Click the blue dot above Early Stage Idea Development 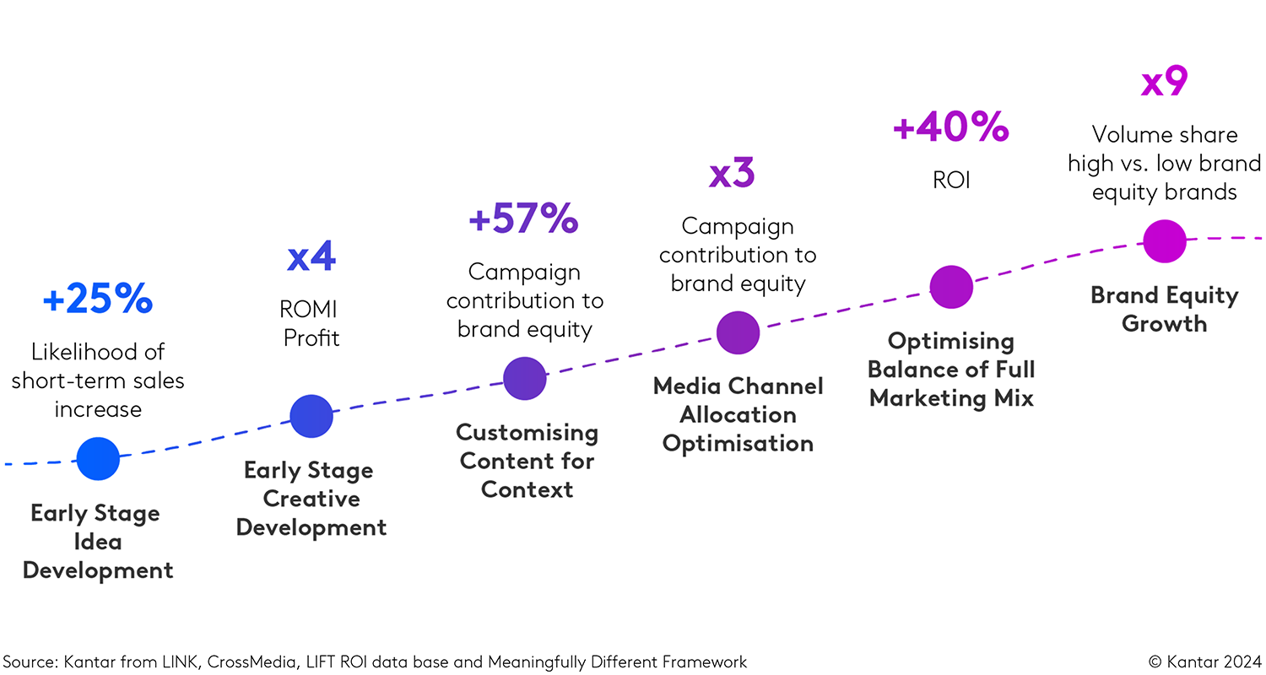98,459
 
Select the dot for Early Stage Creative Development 311,416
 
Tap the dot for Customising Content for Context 525,378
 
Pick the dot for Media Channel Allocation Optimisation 738,332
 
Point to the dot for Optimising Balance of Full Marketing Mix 951,288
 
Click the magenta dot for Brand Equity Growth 1165,240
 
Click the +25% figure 98,300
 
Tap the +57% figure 523,219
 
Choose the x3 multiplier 732,173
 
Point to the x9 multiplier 1165,83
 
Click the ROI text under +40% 951,180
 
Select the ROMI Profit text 311,324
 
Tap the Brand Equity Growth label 1165,309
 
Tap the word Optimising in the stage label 951,341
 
